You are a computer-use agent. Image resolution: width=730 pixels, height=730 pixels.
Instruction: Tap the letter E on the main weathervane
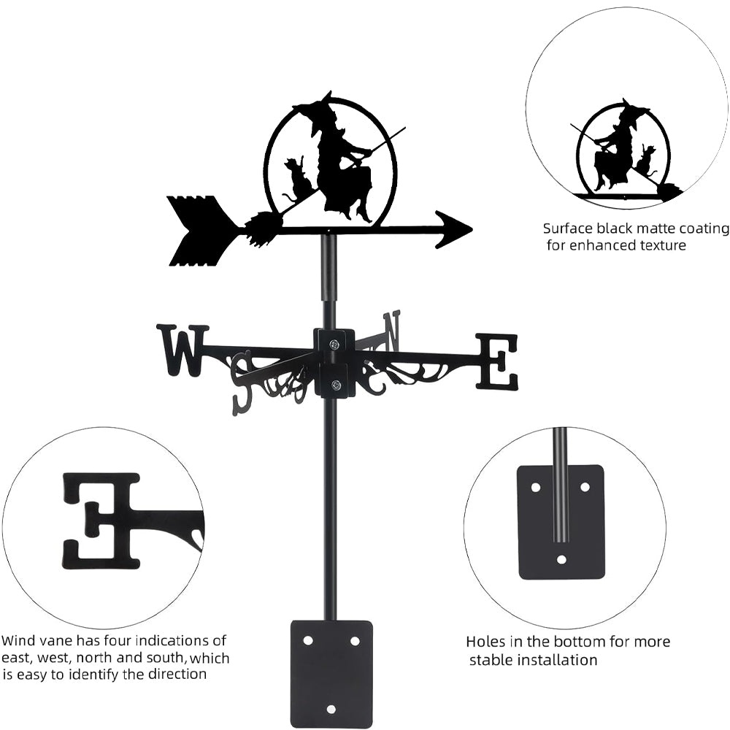497,361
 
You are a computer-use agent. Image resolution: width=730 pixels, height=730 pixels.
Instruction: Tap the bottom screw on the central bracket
335,385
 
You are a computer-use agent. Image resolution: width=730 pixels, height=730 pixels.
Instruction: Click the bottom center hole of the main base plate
331,708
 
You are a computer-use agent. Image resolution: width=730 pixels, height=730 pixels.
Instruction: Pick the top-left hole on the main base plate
307,640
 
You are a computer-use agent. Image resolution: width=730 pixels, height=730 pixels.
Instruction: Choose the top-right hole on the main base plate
355,640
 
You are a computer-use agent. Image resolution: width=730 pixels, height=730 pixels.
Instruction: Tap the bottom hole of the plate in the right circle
561,560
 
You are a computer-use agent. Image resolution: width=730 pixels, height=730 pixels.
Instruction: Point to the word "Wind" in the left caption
18,642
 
